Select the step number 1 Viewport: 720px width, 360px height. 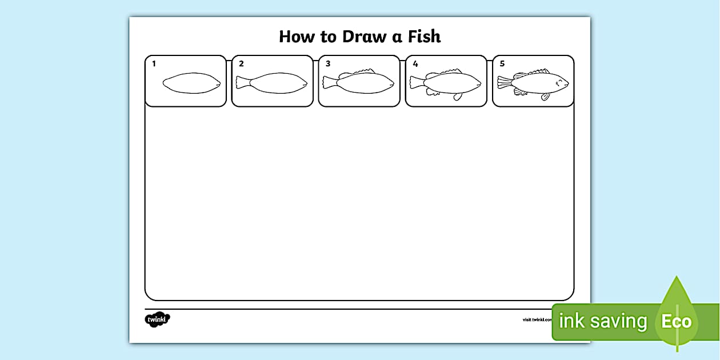[x=154, y=64]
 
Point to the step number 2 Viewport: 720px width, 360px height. [x=241, y=64]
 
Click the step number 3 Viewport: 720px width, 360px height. [x=328, y=64]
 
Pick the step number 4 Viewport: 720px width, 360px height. [x=415, y=64]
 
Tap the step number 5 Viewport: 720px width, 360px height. [x=502, y=64]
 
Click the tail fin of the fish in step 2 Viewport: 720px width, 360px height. [x=242, y=83]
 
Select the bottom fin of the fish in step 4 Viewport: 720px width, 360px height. [x=458, y=97]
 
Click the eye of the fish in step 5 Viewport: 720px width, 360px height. [x=559, y=81]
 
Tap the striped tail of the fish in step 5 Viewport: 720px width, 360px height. [x=503, y=83]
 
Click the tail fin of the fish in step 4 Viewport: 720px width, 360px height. [x=416, y=83]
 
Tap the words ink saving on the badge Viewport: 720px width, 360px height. [x=603, y=322]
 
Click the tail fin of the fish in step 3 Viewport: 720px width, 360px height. [x=329, y=83]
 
